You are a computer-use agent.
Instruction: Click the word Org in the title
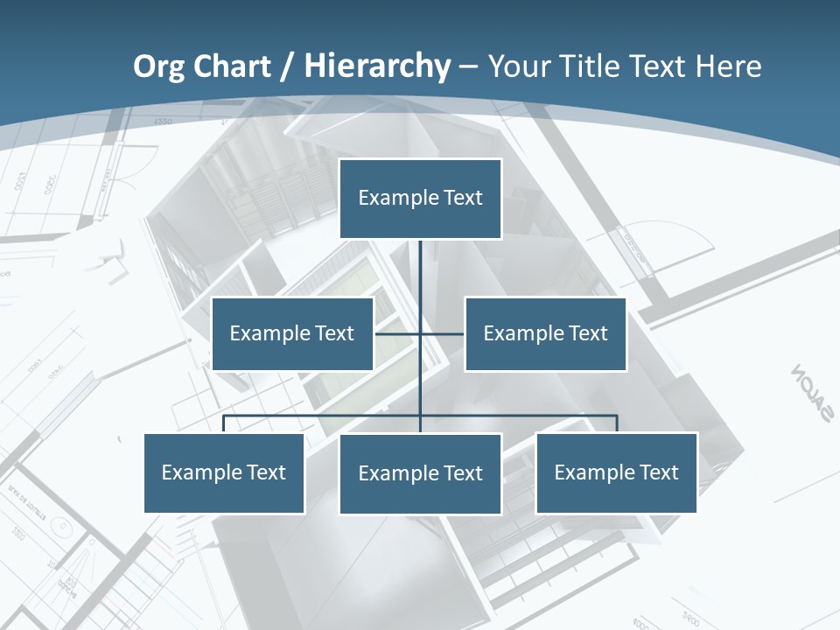click(x=158, y=66)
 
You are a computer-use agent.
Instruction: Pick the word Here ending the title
click(x=728, y=66)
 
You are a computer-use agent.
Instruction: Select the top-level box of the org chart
click(x=420, y=199)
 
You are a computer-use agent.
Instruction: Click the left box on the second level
click(x=292, y=334)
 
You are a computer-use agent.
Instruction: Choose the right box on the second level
click(x=545, y=334)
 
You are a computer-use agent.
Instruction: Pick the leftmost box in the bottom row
click(x=224, y=473)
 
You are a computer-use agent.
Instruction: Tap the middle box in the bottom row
click(x=420, y=474)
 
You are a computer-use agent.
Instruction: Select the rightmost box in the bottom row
click(x=616, y=473)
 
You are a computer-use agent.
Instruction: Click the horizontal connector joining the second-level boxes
click(x=398, y=333)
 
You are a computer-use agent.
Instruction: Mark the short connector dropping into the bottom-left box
click(x=224, y=424)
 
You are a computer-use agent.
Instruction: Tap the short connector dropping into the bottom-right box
click(x=617, y=424)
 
